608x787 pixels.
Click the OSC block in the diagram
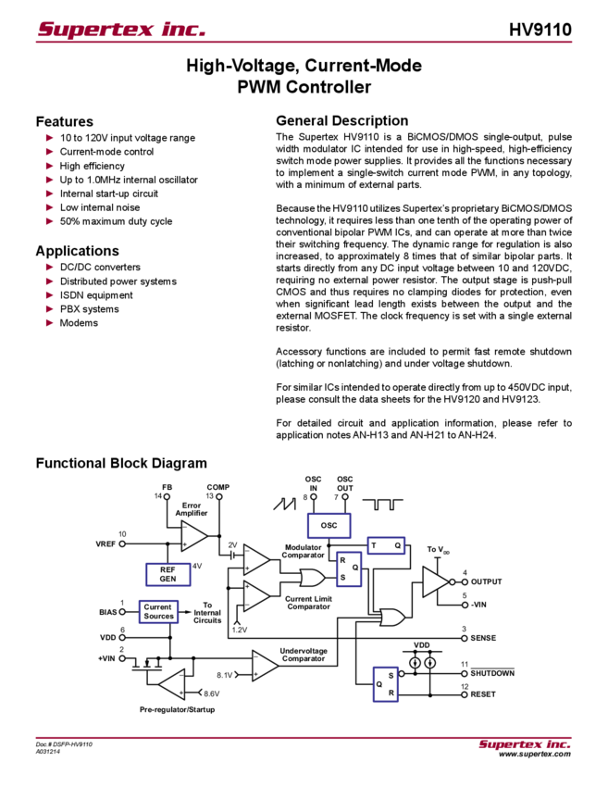tap(329, 526)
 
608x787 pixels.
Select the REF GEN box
tap(168, 575)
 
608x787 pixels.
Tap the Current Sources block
tap(158, 612)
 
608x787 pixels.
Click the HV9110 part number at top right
tap(540, 30)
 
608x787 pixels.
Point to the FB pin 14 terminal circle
tap(168, 497)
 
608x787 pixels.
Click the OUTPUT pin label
tap(486, 581)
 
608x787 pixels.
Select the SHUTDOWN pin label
tap(492, 673)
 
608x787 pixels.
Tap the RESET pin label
tap(482, 694)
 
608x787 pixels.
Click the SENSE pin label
tap(483, 638)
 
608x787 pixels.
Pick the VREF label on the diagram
tap(105, 544)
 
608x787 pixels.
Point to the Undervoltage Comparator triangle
tap(266, 666)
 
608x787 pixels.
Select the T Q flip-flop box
tap(386, 545)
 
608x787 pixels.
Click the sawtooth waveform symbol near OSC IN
tap(284, 504)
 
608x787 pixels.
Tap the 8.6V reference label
tap(212, 693)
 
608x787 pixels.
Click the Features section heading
tap(64, 121)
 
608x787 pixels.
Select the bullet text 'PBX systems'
tap(89, 309)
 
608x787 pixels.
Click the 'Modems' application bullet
tap(79, 323)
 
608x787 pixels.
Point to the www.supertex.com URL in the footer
tap(535, 754)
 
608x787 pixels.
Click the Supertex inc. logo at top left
tap(121, 29)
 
